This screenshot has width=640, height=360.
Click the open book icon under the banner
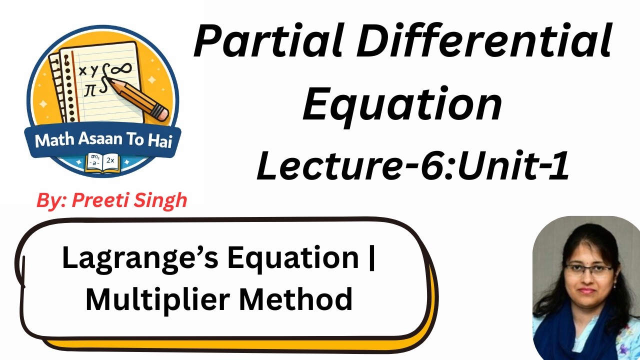(x=103, y=162)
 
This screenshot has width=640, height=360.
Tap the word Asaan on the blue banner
(x=100, y=140)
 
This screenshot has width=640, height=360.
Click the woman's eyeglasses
(x=588, y=270)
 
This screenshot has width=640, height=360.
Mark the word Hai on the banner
(x=160, y=140)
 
